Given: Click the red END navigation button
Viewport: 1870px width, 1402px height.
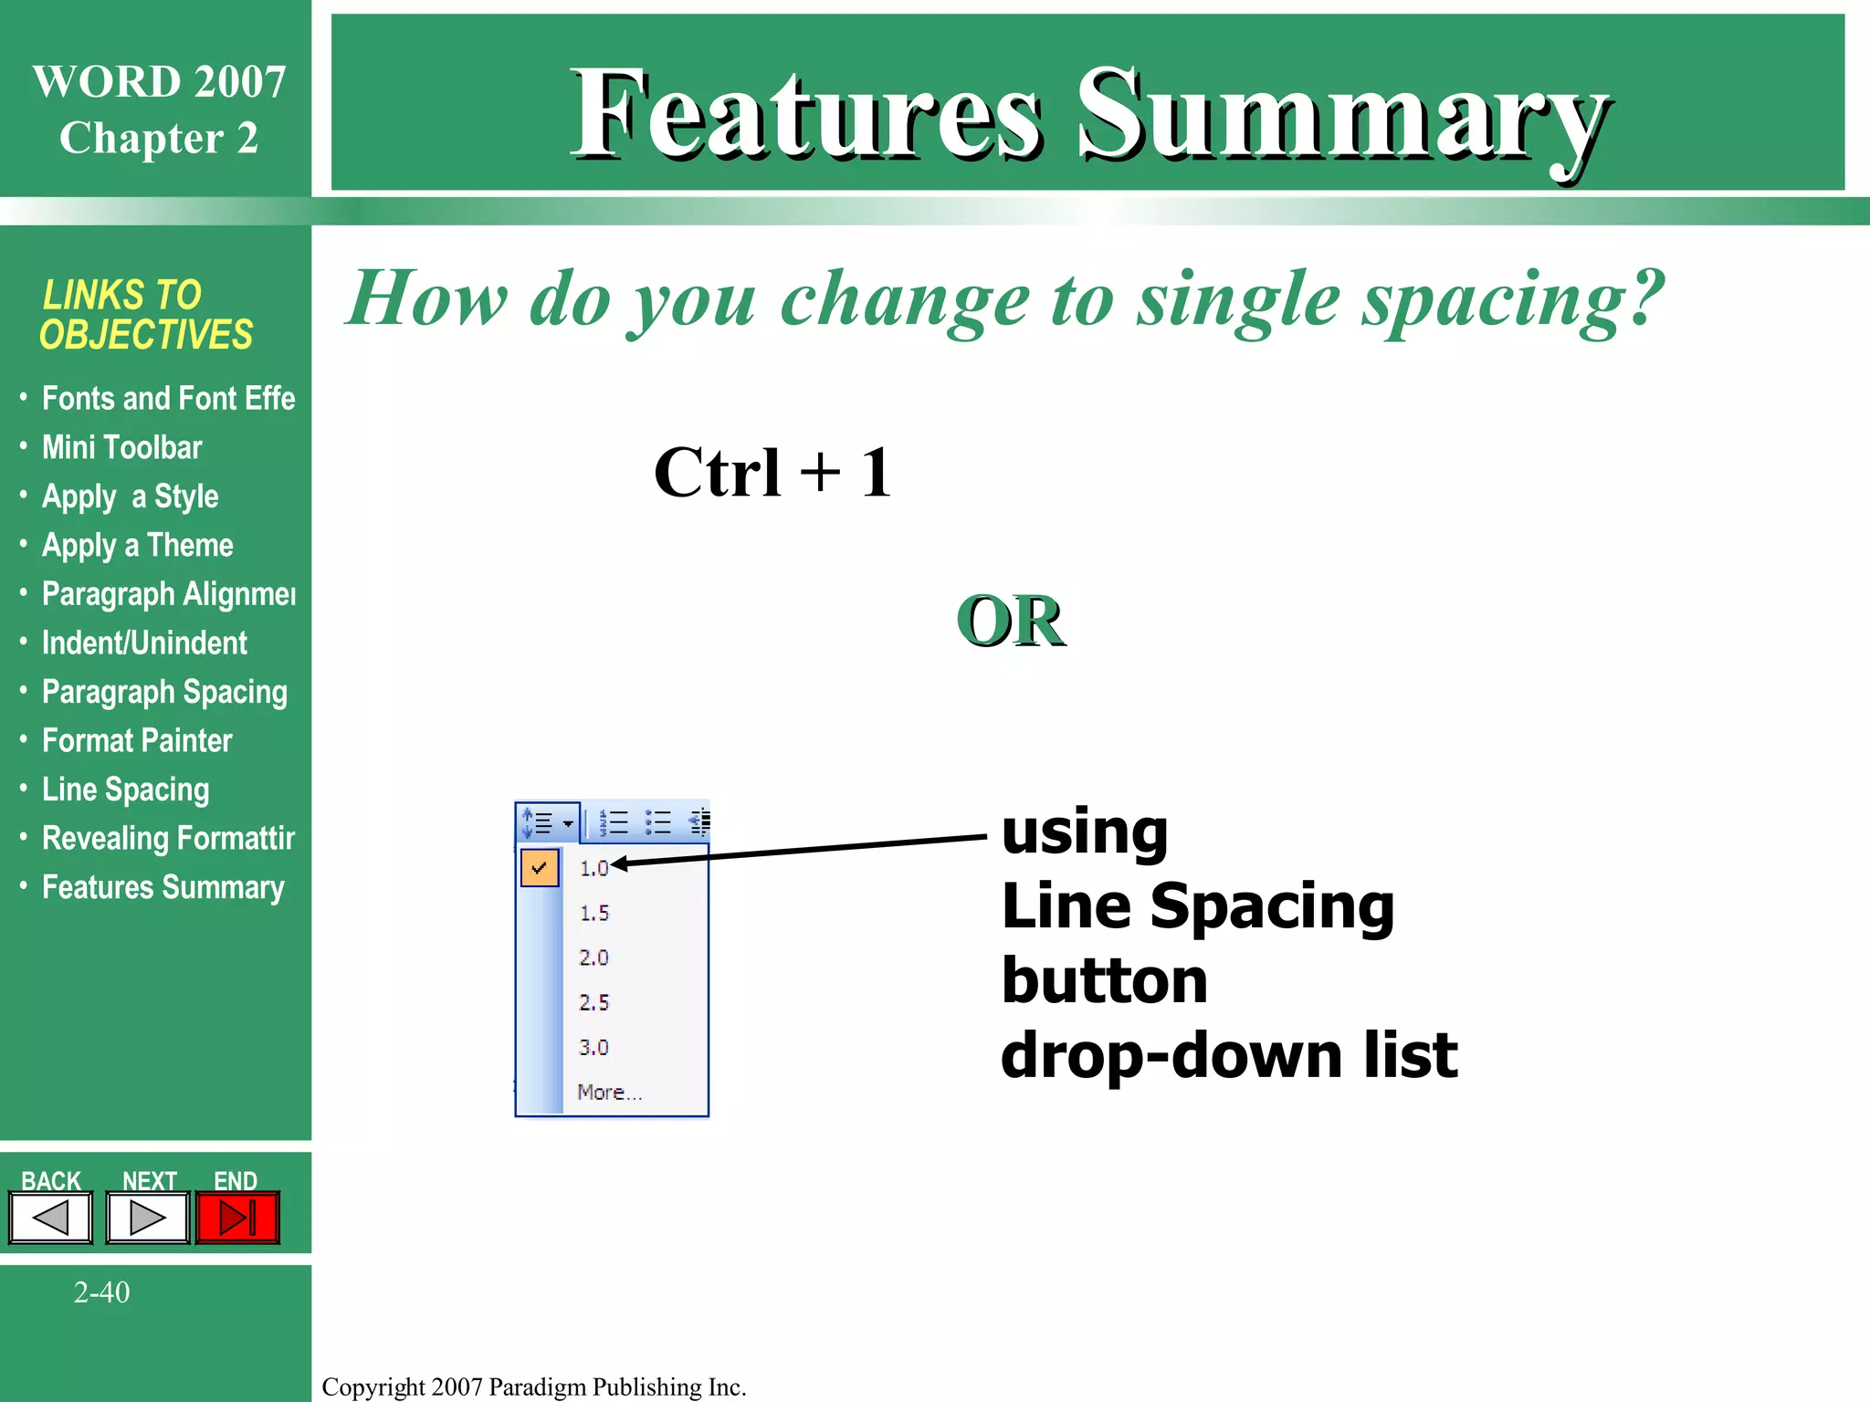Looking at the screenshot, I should [x=237, y=1218].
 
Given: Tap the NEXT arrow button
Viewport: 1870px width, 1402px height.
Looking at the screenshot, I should [x=147, y=1218].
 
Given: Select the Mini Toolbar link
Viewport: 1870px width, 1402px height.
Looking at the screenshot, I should [x=121, y=447].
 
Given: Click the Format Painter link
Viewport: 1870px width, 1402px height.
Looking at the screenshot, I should [x=137, y=740].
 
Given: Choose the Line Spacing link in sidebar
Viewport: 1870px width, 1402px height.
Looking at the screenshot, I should [x=125, y=790].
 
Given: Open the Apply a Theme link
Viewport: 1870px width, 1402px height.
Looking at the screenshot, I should [x=137, y=546].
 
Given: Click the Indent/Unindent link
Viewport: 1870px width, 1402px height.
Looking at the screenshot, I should [x=144, y=643].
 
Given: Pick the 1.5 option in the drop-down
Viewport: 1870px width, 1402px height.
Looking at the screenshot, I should [x=594, y=913].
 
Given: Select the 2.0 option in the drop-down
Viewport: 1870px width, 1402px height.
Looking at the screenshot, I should [x=594, y=957].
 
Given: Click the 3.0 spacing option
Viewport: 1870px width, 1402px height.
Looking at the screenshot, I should [x=594, y=1047].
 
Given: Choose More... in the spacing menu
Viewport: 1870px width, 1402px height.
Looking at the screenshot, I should [x=609, y=1092].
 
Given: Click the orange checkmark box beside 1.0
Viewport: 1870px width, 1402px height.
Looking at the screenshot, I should [x=540, y=867].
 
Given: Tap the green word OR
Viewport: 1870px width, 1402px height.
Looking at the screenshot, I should [x=1010, y=622].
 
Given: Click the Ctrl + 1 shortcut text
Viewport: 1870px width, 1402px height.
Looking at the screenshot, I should [x=772, y=473].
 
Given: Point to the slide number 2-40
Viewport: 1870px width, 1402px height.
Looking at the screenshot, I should [x=101, y=1292].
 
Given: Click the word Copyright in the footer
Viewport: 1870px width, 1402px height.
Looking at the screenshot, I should [x=373, y=1386].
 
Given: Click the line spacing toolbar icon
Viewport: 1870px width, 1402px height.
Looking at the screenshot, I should [x=546, y=823].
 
